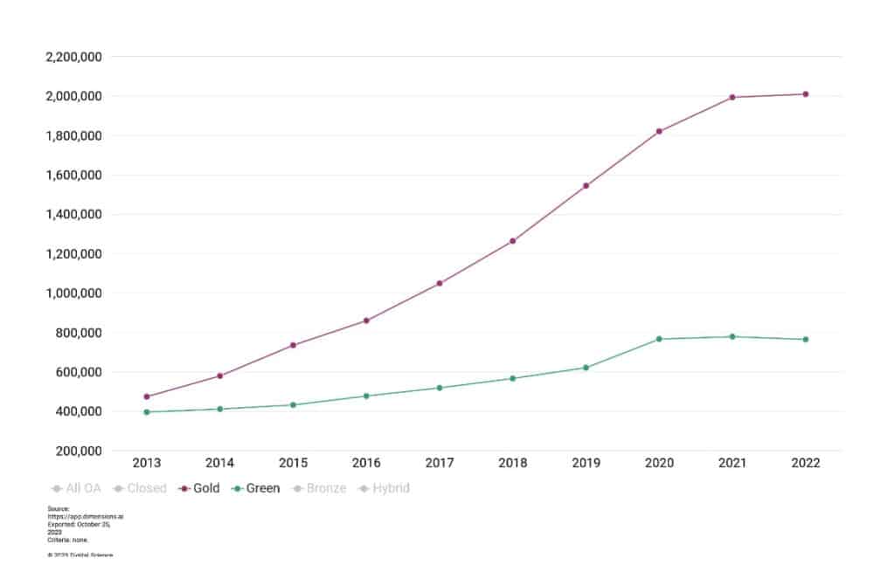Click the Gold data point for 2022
pyautogui.click(x=806, y=94)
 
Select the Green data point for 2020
pyautogui.click(x=659, y=339)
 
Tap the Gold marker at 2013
pyautogui.click(x=147, y=396)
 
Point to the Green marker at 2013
pyautogui.click(x=147, y=412)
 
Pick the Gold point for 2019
pyautogui.click(x=586, y=186)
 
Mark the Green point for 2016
pyautogui.click(x=366, y=396)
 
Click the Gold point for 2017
pyautogui.click(x=440, y=283)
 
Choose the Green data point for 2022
pyautogui.click(x=806, y=339)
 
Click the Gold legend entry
pyautogui.click(x=200, y=488)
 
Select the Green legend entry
pyautogui.click(x=257, y=488)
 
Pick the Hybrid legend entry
pyautogui.click(x=385, y=488)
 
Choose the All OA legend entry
pyautogui.click(x=78, y=488)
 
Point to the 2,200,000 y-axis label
pyautogui.click(x=73, y=57)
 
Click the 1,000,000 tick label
pyautogui.click(x=73, y=293)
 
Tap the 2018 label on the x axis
pyautogui.click(x=512, y=464)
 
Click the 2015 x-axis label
pyautogui.click(x=293, y=464)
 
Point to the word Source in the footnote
pyautogui.click(x=58, y=507)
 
